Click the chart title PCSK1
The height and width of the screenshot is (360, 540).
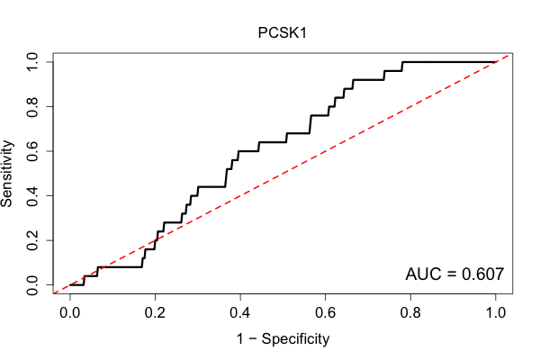282,33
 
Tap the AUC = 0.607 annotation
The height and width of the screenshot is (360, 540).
454,274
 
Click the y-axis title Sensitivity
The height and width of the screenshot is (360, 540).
7,174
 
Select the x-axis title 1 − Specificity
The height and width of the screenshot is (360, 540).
283,339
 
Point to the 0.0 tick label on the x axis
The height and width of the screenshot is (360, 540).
70,313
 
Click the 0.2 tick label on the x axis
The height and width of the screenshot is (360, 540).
155,313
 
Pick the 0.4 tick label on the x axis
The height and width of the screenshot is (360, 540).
240,313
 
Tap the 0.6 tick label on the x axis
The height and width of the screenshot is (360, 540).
325,313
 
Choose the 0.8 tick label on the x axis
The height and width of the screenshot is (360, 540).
410,313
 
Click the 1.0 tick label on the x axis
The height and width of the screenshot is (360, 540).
496,313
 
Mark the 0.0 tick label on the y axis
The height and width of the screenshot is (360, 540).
32,285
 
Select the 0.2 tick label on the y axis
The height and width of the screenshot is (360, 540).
32,240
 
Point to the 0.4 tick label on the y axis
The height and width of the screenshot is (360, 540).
32,195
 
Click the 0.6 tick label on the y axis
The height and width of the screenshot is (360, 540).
32,151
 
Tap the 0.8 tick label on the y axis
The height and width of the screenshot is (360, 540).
32,107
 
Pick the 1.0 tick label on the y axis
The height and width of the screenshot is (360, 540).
32,62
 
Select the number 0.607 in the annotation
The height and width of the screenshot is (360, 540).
483,274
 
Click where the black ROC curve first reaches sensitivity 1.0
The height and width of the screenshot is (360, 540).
402,62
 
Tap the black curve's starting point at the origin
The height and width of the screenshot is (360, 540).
70,285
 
